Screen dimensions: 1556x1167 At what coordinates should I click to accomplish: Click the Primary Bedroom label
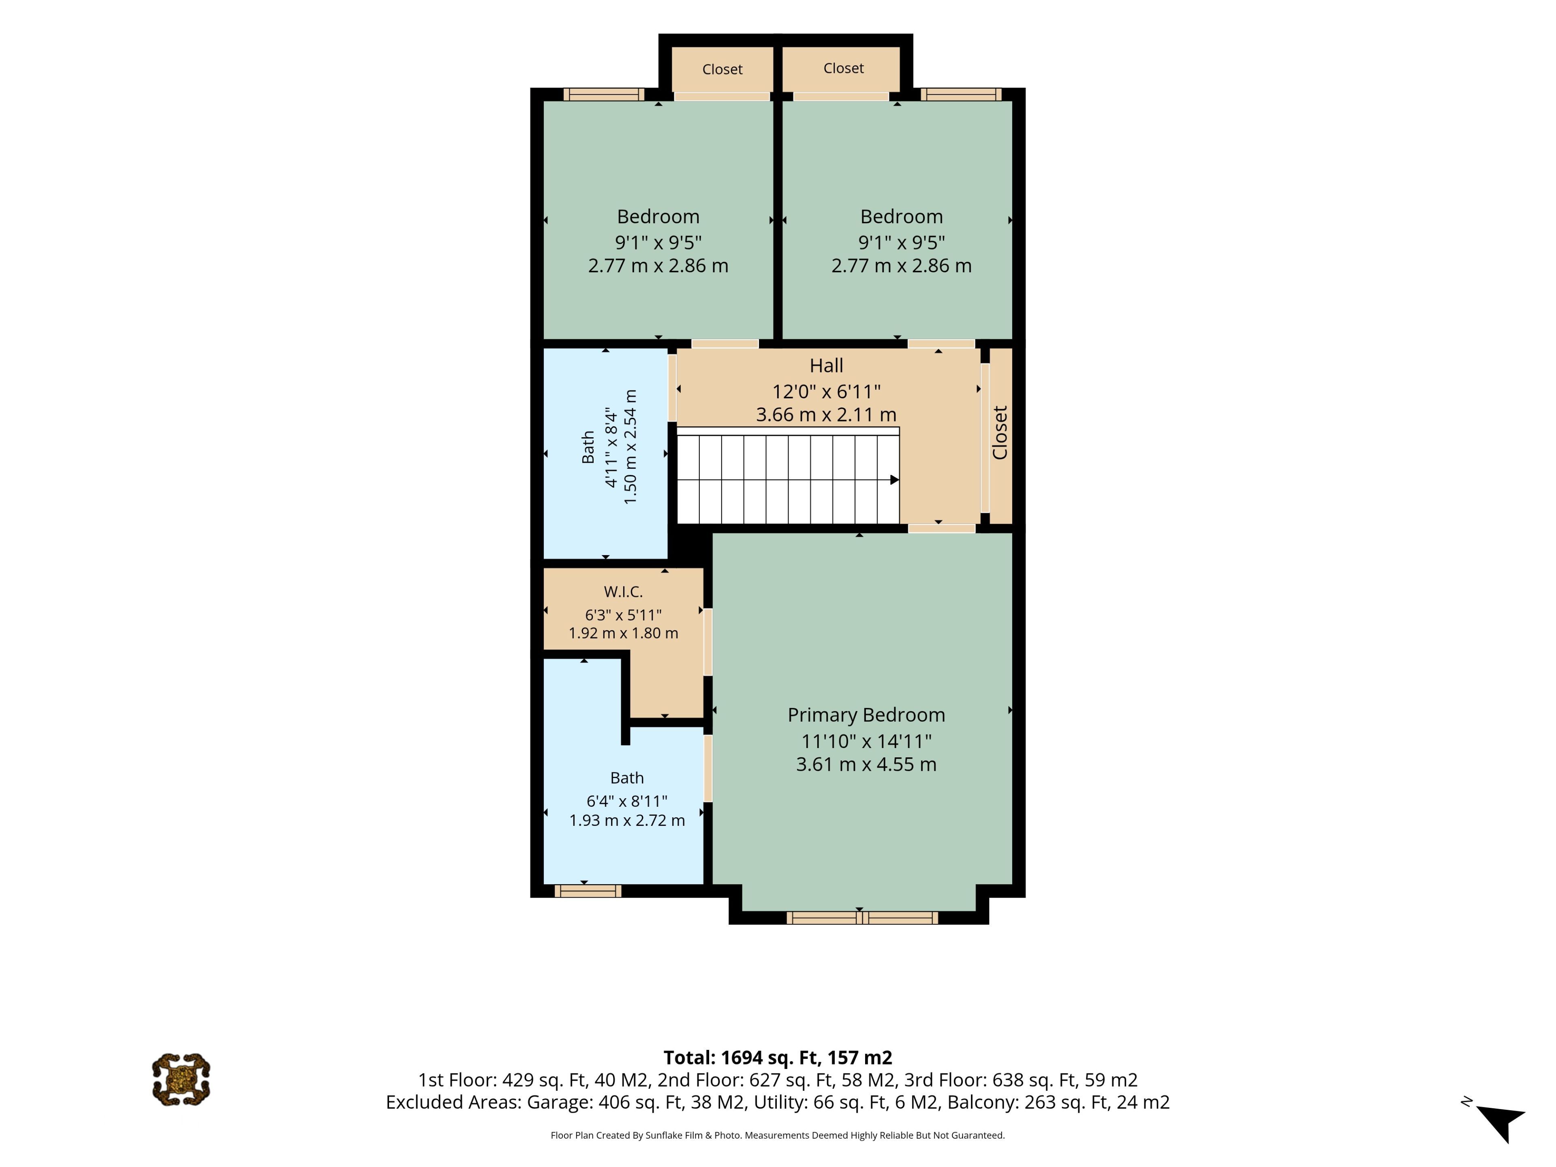(x=866, y=715)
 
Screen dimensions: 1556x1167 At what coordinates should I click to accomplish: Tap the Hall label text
(x=826, y=366)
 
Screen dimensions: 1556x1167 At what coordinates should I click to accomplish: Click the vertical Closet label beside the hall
(x=1000, y=433)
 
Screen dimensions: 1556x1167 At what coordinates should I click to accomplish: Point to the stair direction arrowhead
(x=895, y=480)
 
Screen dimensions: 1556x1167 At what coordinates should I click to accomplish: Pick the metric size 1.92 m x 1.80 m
(x=623, y=633)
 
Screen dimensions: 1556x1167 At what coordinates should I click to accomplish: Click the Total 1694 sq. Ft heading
(x=777, y=1058)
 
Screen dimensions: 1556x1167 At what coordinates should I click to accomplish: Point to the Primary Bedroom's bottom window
(x=862, y=918)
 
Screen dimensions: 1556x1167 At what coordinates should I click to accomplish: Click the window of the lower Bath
(x=588, y=891)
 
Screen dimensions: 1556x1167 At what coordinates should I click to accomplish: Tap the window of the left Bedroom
(x=603, y=94)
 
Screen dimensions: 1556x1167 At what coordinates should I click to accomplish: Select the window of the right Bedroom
(x=961, y=94)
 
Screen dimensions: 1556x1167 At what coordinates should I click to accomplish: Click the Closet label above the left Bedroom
(x=722, y=69)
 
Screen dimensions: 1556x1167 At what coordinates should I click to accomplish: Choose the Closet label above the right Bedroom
(x=843, y=68)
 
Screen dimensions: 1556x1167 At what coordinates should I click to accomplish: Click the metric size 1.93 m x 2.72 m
(x=627, y=820)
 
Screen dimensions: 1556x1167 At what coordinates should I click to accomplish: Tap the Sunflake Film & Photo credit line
(x=777, y=1135)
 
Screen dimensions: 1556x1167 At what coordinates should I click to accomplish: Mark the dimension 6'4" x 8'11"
(x=627, y=801)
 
